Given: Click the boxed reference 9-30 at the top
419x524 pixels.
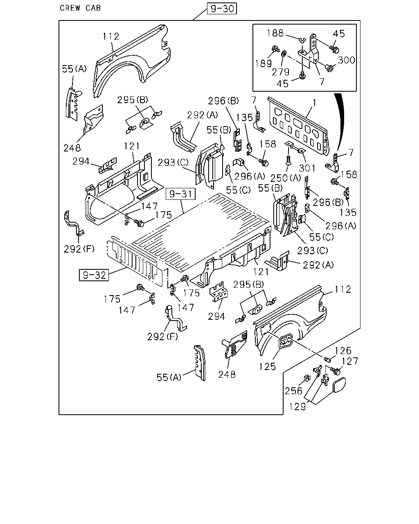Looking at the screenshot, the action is point(221,9).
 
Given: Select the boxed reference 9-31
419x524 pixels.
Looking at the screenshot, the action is point(180,194).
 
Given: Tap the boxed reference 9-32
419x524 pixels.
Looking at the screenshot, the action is point(94,275).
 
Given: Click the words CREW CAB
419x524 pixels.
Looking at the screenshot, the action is point(80,8).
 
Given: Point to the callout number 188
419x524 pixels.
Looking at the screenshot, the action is point(275,33).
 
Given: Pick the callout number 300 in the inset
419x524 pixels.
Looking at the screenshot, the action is point(346,60).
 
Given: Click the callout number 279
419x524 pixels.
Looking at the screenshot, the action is point(280,72).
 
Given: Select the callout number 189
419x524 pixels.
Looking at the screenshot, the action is point(263,63).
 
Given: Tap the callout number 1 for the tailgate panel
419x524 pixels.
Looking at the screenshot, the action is point(315,103).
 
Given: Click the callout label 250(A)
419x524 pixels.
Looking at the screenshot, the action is point(286,178).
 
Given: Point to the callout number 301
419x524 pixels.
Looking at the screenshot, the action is point(307,168).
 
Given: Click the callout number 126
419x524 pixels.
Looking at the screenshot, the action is point(343,351).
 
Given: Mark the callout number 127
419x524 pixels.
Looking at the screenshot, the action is point(350,361).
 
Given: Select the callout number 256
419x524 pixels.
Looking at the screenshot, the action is point(293,391).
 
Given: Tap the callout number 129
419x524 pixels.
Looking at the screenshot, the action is point(297,407).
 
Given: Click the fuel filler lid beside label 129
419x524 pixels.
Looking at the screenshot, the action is point(339,385).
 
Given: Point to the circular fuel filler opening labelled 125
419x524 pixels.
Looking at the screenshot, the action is point(284,341).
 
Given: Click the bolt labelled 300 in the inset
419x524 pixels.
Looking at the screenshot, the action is point(329,68).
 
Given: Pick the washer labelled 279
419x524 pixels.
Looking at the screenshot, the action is point(284,53).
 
